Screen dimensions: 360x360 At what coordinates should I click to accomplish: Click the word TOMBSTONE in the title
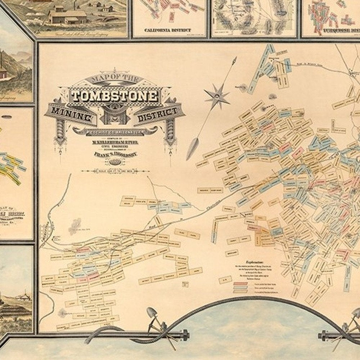[114, 96]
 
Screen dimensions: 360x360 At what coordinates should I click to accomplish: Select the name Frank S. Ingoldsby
[114, 154]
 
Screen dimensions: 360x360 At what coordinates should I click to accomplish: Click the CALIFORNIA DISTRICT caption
[167, 30]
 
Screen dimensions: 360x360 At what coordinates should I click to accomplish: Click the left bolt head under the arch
[186, 336]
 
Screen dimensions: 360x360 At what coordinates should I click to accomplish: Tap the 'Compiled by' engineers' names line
[114, 142]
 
